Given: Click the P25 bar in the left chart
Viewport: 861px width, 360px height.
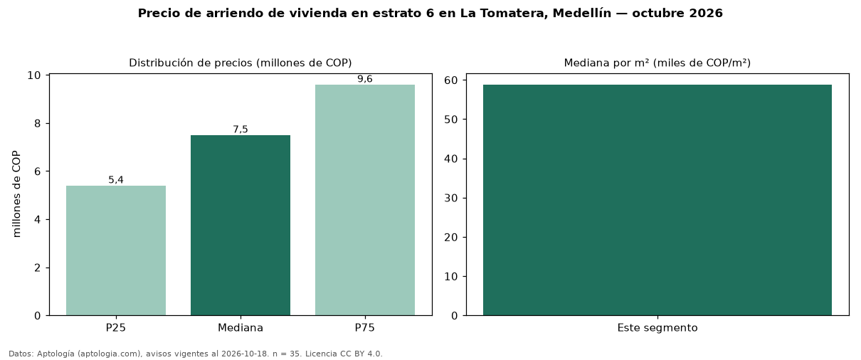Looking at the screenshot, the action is pyautogui.click(x=116, y=250).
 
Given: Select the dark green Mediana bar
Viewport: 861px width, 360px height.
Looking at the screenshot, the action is pyautogui.click(x=241, y=225).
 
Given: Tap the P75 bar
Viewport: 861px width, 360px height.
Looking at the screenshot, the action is pyautogui.click(x=365, y=200).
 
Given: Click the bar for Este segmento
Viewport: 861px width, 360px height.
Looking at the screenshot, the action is pyautogui.click(x=657, y=200).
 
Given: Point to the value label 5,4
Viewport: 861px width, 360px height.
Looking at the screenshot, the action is pyautogui.click(x=116, y=180).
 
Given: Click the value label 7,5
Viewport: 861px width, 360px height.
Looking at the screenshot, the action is pyautogui.click(x=241, y=129).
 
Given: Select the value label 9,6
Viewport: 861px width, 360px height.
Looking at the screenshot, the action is pyautogui.click(x=365, y=79).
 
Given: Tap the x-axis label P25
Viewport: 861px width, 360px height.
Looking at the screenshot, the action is pyautogui.click(x=116, y=328).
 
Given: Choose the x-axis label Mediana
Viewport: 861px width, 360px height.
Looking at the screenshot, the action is pyautogui.click(x=241, y=328).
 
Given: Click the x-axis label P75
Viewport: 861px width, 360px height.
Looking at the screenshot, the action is pyautogui.click(x=365, y=328).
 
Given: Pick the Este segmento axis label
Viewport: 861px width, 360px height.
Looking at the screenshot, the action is pyautogui.click(x=657, y=328).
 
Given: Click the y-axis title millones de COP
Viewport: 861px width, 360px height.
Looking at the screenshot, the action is pyautogui.click(x=16, y=194).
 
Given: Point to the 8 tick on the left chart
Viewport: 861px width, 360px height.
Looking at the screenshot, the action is pyautogui.click(x=37, y=123).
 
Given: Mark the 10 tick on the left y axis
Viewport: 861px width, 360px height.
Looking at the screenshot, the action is pyautogui.click(x=34, y=75).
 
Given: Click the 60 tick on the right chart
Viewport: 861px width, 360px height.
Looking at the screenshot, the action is pyautogui.click(x=451, y=80).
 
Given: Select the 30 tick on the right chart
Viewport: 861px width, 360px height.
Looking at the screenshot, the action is pyautogui.click(x=451, y=198).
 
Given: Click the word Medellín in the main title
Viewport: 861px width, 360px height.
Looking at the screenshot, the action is pyautogui.click(x=582, y=14).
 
